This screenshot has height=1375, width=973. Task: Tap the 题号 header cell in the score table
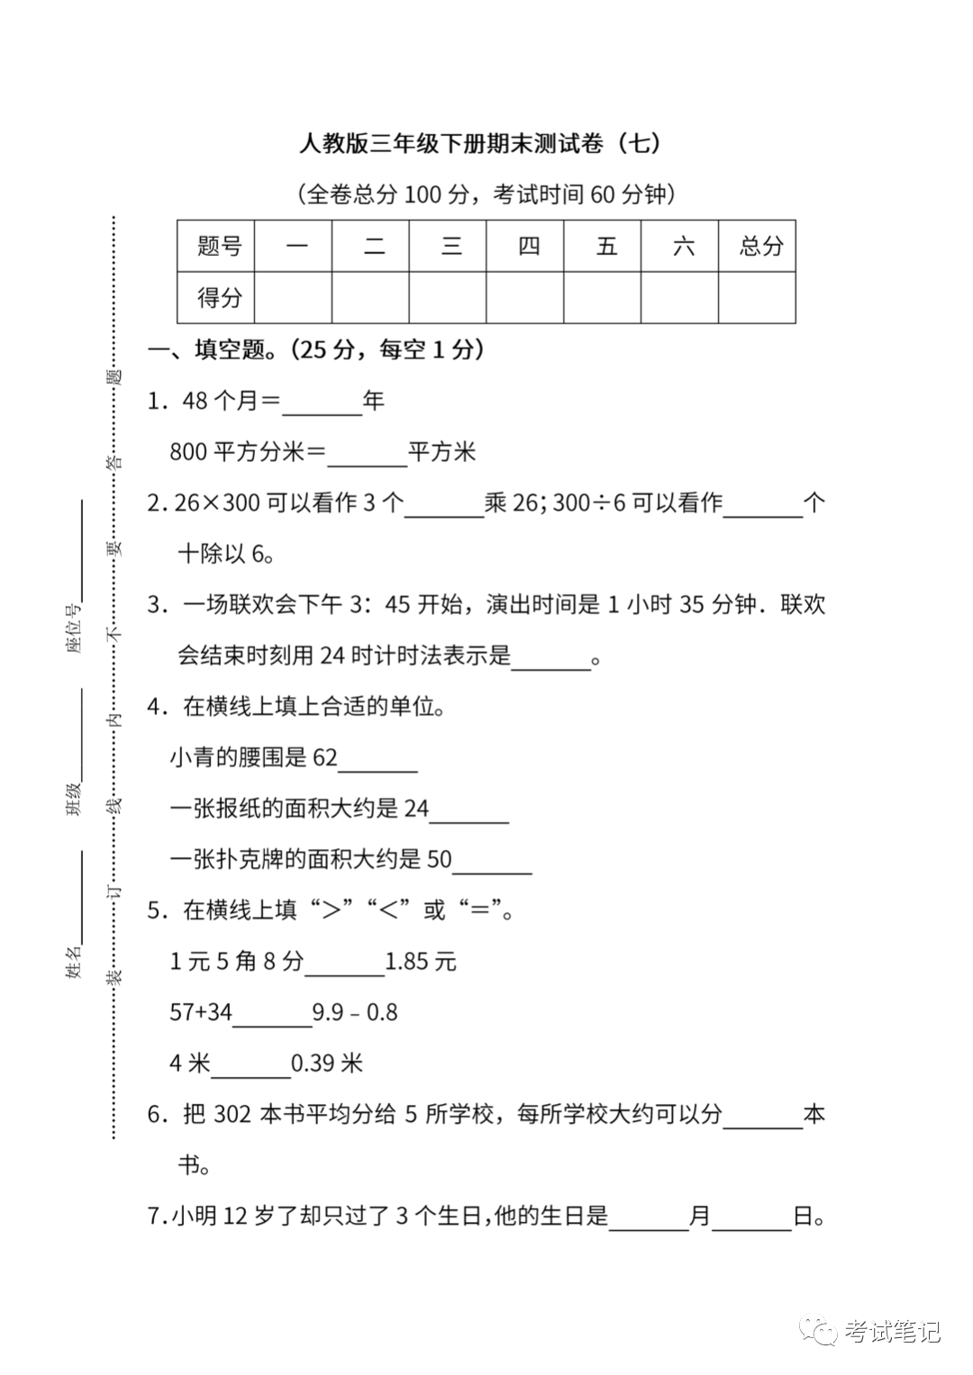[219, 246]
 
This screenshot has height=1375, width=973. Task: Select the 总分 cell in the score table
[760, 246]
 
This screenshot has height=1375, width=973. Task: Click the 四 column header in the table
[528, 246]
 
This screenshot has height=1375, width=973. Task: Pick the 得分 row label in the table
[219, 297]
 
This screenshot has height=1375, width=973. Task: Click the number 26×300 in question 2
[217, 502]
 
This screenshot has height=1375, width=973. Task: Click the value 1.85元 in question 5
[421, 962]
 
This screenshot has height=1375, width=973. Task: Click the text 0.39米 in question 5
[327, 1063]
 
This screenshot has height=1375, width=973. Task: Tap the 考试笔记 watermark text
[892, 1331]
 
